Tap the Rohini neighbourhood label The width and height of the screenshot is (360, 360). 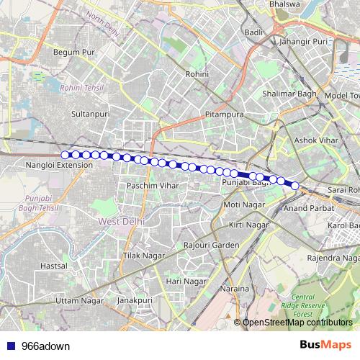click(x=197, y=74)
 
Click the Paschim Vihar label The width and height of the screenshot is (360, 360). click(x=145, y=186)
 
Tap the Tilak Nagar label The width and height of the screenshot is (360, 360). click(x=140, y=256)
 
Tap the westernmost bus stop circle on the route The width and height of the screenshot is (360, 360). click(x=66, y=155)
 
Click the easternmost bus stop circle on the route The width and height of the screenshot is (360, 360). click(x=294, y=186)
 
